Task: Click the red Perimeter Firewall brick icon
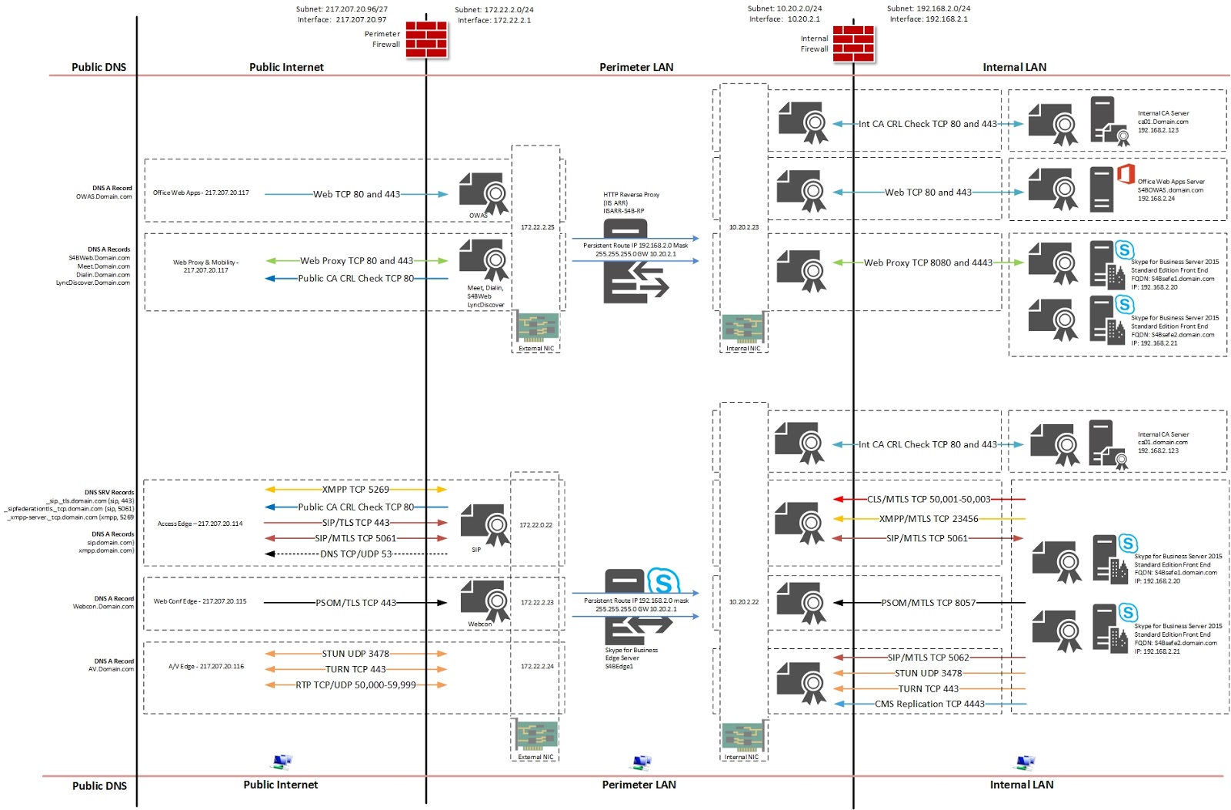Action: click(426, 39)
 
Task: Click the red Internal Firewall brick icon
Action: click(853, 43)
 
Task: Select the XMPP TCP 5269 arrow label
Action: click(355, 490)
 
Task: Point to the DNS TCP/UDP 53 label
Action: click(356, 554)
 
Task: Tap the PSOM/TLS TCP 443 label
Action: click(356, 603)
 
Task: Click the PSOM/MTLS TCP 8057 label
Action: click(929, 603)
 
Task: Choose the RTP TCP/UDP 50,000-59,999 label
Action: click(355, 684)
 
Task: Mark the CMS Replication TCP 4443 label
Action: click(929, 704)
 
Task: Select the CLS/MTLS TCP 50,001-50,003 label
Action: click(929, 499)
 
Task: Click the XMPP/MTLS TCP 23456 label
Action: click(929, 519)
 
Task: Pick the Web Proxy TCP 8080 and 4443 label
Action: click(928, 263)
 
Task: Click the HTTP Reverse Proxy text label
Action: click(631, 195)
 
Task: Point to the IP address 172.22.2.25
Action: click(537, 227)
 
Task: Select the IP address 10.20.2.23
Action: click(744, 227)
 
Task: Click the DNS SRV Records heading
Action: click(109, 492)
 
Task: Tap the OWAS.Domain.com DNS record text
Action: click(104, 197)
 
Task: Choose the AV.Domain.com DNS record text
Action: click(111, 669)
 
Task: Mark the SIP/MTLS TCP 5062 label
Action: click(928, 658)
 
